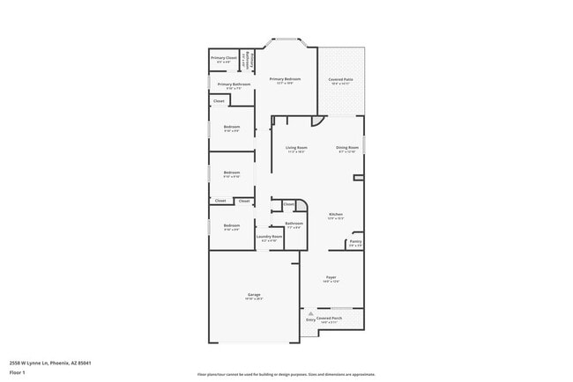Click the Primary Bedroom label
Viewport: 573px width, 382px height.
coord(285,78)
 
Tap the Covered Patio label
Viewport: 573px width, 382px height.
coord(341,78)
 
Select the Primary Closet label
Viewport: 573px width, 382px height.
coord(224,58)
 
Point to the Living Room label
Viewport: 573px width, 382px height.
coord(296,147)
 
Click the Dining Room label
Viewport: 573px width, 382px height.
coord(347,147)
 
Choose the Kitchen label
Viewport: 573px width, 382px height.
coord(336,214)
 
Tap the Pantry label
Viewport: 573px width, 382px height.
coord(355,241)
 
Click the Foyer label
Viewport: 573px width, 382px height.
coord(331,276)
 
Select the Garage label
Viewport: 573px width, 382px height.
coord(254,294)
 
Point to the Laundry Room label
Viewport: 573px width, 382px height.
coord(269,236)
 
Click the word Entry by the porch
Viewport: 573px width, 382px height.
coord(310,320)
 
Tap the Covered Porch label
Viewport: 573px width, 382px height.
coord(331,318)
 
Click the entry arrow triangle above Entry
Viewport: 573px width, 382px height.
coord(310,313)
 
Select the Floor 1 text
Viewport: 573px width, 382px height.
coord(18,372)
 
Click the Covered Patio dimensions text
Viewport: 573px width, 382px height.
coord(341,84)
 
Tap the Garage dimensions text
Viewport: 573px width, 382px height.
coord(254,299)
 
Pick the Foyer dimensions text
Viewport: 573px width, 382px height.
coord(331,282)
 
